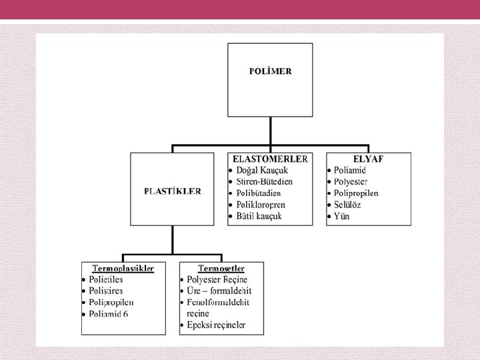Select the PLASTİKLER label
coord(173,191)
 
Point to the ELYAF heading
coord(368,159)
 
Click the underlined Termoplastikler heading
coord(123,269)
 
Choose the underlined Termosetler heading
coord(221,269)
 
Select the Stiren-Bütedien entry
coord(269,181)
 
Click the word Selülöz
coord(349,205)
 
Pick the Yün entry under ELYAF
coord(342,216)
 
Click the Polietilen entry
coord(106,280)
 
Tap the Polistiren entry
coord(106,291)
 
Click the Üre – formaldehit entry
coord(220,291)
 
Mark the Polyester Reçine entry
coord(219,280)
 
